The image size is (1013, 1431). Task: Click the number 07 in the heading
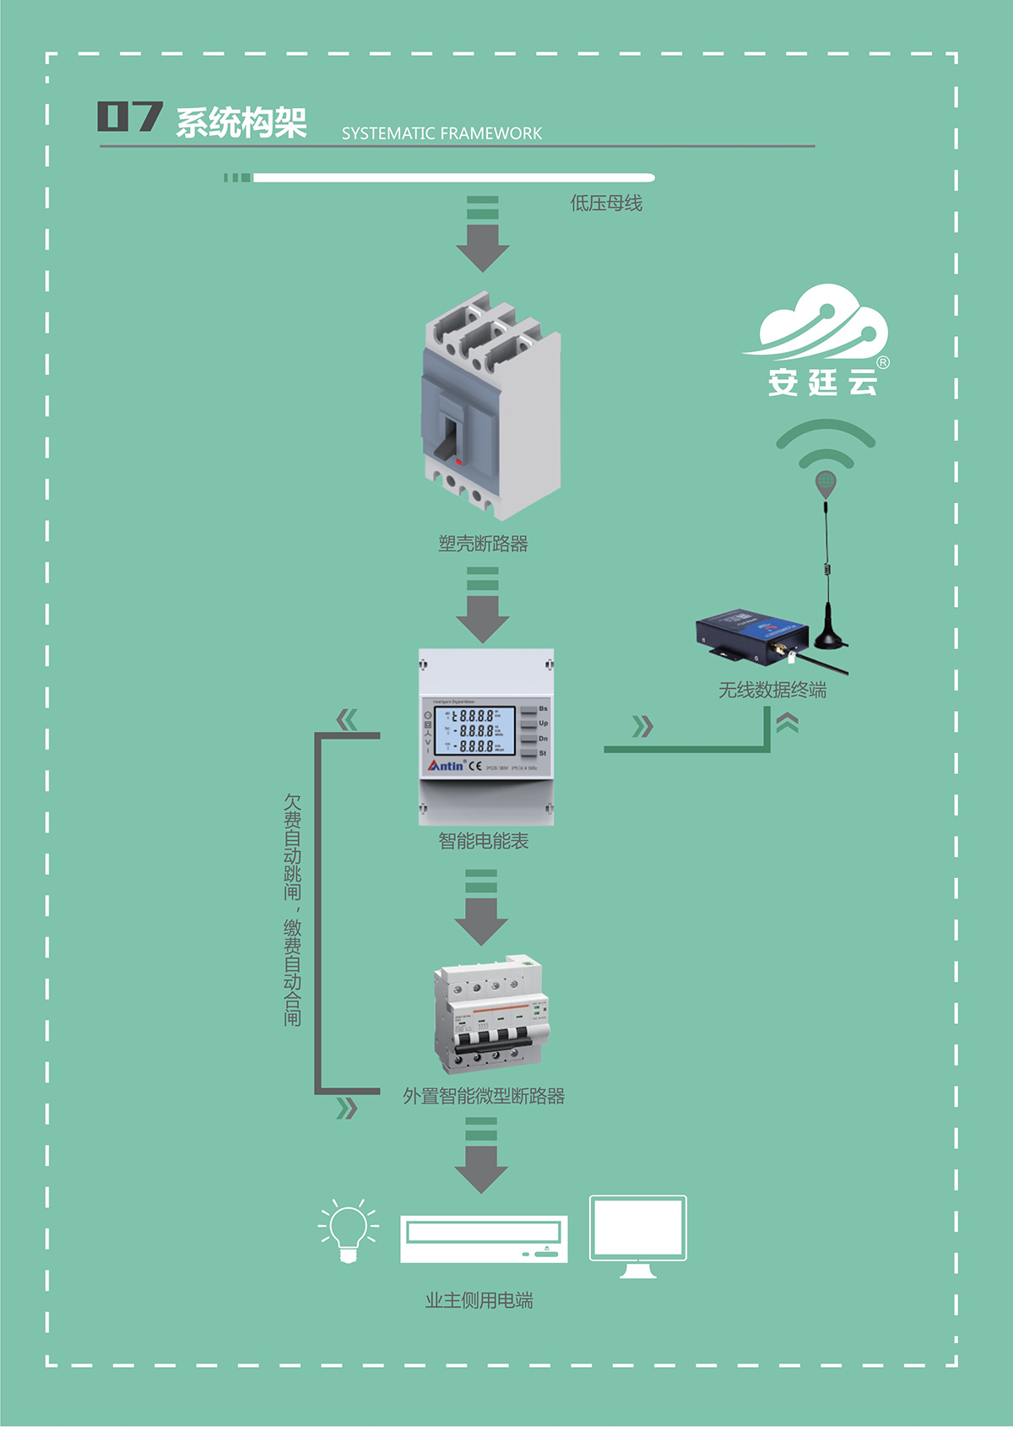tap(129, 117)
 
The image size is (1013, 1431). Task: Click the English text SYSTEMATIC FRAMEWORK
tap(441, 133)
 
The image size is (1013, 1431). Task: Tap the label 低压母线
tap(606, 203)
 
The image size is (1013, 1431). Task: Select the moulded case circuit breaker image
tap(490, 405)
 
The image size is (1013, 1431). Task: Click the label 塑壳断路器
tap(483, 545)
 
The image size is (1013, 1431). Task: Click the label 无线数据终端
tap(772, 691)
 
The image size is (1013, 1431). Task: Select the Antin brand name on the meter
tap(446, 766)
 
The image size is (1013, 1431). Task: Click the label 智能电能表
tap(483, 842)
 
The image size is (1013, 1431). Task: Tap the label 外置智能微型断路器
tap(483, 1097)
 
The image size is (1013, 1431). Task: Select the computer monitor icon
tap(637, 1235)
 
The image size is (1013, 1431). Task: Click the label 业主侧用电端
tap(479, 1301)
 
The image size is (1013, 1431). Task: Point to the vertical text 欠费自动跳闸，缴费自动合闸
tap(292, 909)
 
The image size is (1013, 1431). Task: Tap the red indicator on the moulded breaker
tap(458, 461)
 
